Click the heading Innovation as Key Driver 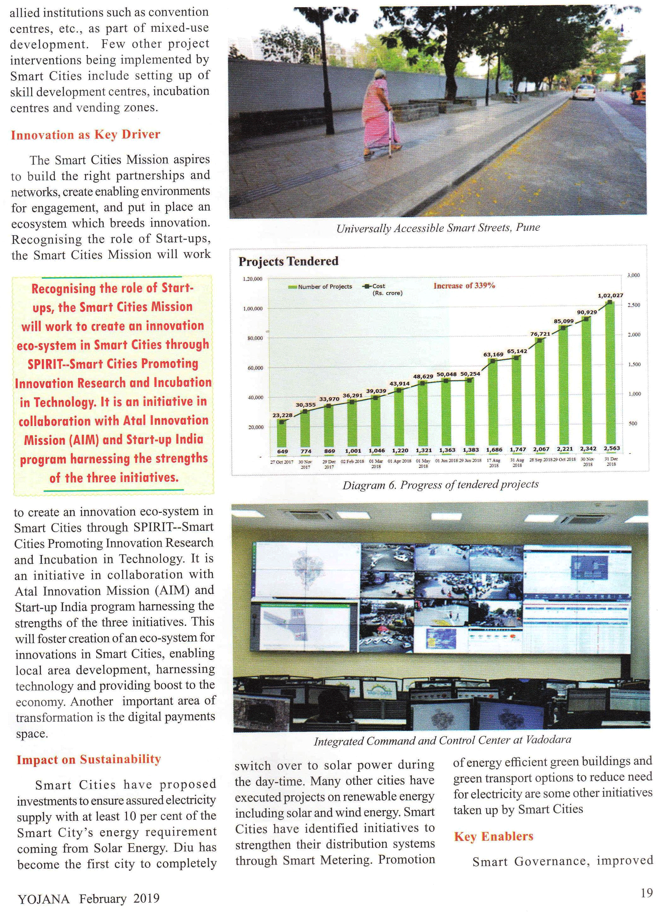[x=85, y=134]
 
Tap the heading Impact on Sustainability [x=89, y=759]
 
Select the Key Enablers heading [x=493, y=836]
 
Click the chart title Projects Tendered [x=288, y=261]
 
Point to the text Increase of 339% [x=464, y=286]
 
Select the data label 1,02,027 [x=610, y=296]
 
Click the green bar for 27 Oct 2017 [x=282, y=435]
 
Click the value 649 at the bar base [x=282, y=451]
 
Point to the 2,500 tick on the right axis [x=634, y=305]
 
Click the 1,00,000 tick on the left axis [x=252, y=309]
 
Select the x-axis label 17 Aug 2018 [x=493, y=462]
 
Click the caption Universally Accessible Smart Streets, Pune [x=438, y=228]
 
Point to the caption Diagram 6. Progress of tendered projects [x=440, y=485]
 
